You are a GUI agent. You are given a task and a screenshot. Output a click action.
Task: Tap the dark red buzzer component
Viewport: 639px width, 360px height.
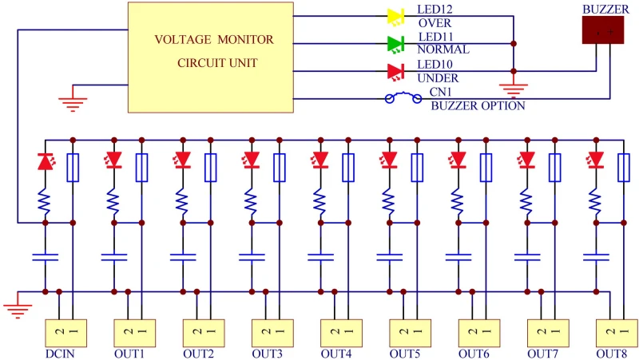click(602, 30)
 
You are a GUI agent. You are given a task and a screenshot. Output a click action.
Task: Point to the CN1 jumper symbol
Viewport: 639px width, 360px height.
click(403, 98)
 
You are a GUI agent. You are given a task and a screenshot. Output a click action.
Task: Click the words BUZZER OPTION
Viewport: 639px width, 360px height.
click(478, 105)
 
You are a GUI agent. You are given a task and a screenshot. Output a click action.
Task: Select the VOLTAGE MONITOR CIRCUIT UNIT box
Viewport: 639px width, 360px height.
click(216, 51)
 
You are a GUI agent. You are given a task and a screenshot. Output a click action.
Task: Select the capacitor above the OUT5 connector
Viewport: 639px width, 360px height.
click(389, 257)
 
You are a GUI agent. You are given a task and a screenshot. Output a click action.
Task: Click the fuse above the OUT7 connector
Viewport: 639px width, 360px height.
click(554, 167)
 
